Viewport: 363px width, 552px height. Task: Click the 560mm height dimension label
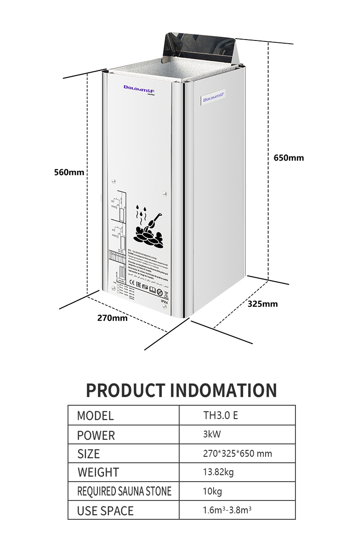69,172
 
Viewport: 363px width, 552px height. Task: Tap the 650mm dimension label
289,158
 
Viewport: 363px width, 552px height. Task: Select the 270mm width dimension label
112,318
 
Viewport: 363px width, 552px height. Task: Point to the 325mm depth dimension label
262,304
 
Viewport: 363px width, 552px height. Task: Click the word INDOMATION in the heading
223,390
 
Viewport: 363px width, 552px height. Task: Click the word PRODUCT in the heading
126,390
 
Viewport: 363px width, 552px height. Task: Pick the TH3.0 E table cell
221,415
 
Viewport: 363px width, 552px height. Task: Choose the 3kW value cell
212,434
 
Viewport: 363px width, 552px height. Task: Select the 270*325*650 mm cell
237,454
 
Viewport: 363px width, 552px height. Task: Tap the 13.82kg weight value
218,472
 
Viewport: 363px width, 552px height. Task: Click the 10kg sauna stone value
212,491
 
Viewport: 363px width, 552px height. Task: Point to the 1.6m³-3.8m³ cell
227,511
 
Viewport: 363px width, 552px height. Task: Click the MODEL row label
95,416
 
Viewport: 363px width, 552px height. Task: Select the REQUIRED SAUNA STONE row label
124,491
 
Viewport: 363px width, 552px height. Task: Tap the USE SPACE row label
105,511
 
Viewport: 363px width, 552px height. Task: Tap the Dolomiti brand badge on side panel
214,97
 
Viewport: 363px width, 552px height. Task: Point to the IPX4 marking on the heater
165,301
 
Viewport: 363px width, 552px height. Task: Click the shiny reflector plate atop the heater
201,51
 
